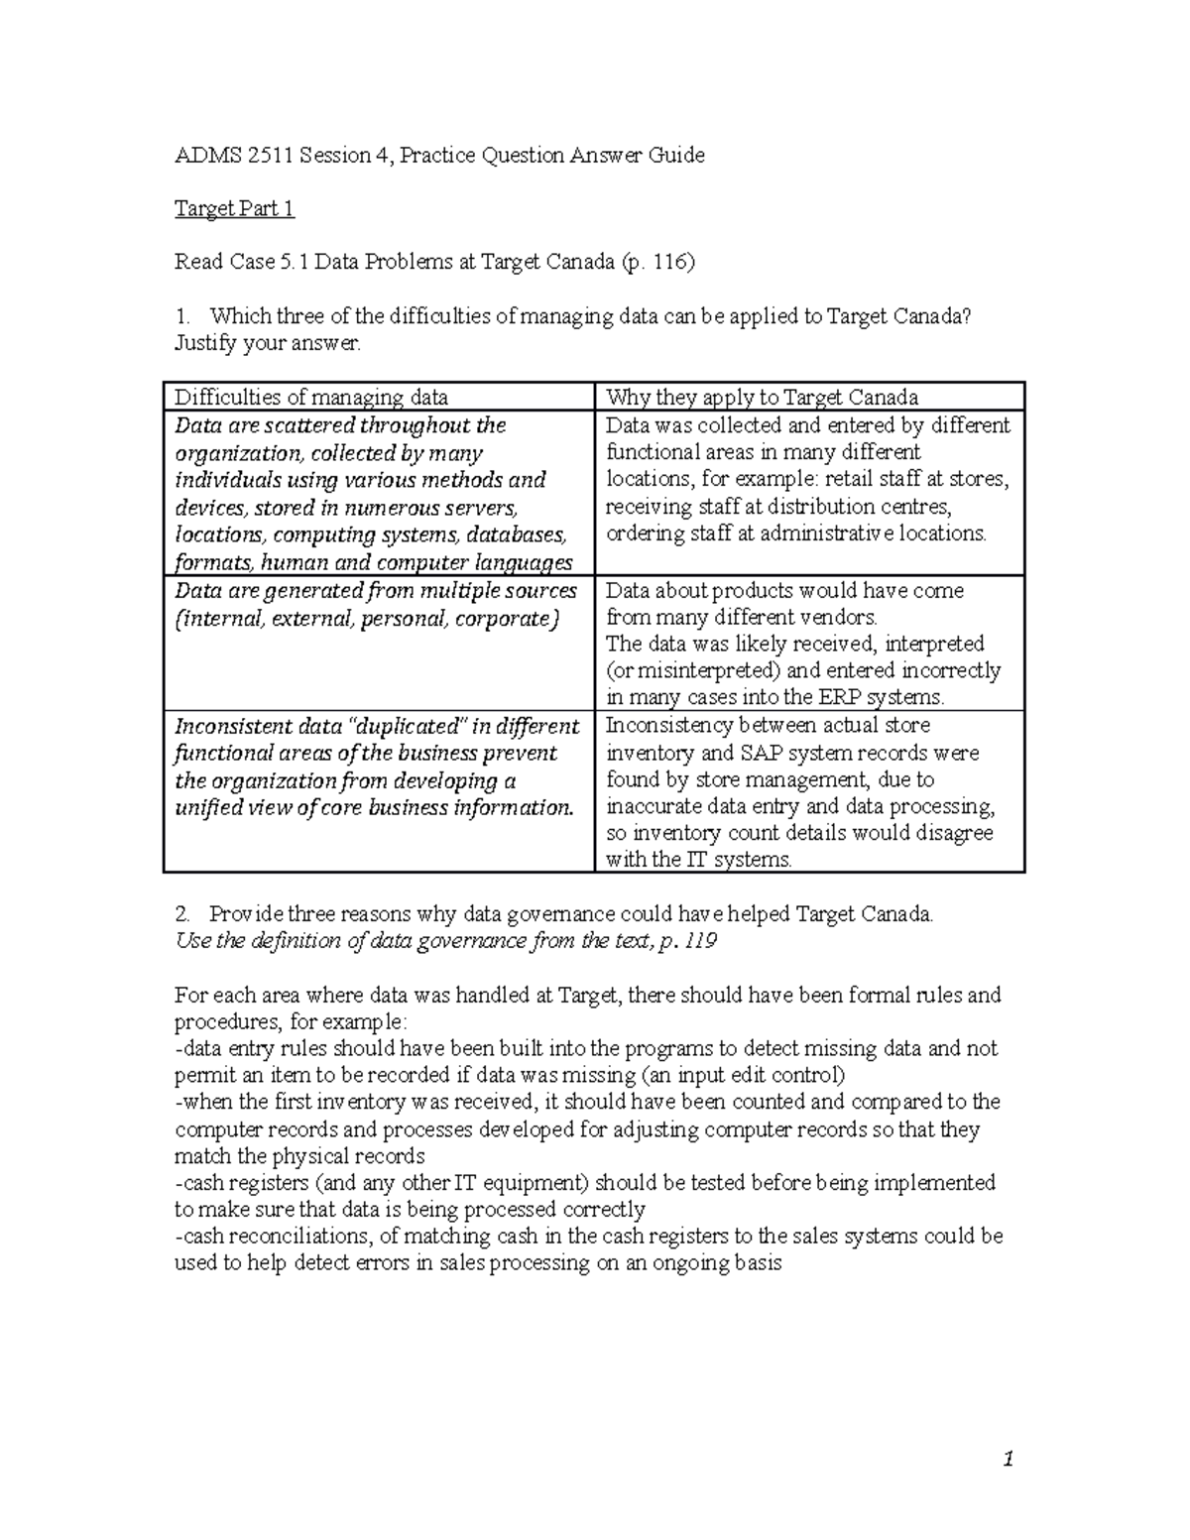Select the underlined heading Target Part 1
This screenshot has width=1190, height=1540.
pyautogui.click(x=234, y=209)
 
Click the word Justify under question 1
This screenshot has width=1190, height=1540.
pyautogui.click(x=204, y=344)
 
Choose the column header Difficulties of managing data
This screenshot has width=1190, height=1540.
pyautogui.click(x=311, y=398)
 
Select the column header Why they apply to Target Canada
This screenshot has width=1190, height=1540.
pyautogui.click(x=762, y=398)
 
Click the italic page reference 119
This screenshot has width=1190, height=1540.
pyautogui.click(x=700, y=941)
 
